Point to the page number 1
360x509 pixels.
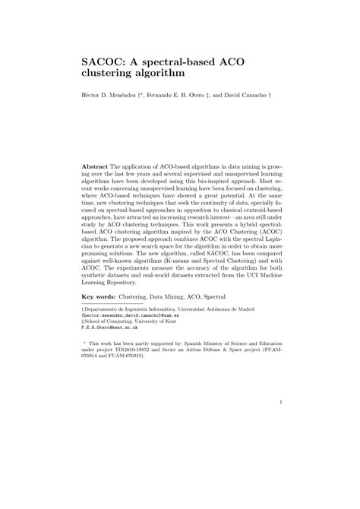point(280,424)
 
